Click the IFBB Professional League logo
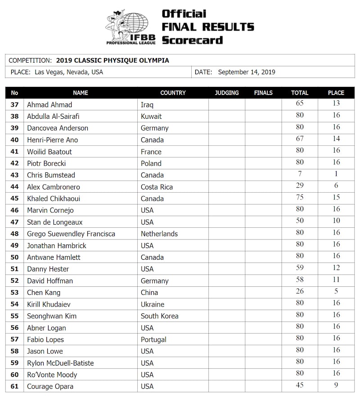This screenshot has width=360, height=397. [130, 27]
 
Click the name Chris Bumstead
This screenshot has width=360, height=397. [51, 175]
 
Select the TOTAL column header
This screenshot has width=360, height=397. [300, 93]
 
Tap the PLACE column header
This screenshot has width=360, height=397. [336, 93]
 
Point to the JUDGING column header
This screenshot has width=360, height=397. [227, 93]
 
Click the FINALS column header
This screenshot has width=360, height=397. [263, 93]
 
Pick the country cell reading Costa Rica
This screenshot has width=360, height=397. [157, 187]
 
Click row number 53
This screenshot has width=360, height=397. [14, 293]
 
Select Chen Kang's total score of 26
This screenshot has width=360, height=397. [300, 291]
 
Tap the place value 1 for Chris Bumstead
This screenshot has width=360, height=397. [336, 174]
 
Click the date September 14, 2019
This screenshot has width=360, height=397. [246, 72]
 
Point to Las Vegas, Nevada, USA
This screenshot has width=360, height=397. [68, 72]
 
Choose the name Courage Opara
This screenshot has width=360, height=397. [50, 386]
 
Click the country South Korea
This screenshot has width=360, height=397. [159, 316]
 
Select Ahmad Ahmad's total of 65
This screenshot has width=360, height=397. [300, 104]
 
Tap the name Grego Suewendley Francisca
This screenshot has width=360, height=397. [71, 234]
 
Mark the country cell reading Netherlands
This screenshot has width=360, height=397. [159, 234]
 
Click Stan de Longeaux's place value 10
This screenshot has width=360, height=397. [336, 221]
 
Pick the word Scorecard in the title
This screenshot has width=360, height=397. [192, 40]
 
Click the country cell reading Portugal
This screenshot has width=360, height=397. [153, 339]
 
